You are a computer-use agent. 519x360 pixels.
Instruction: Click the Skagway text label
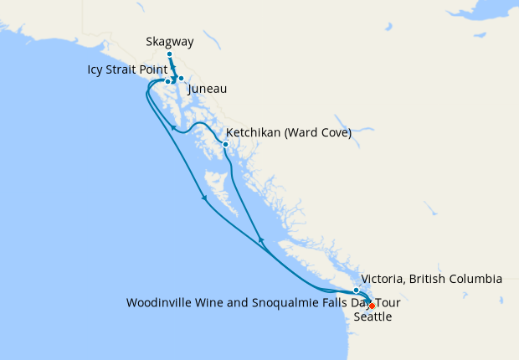[x=170, y=40]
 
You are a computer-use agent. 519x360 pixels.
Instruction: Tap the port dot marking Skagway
[x=169, y=54]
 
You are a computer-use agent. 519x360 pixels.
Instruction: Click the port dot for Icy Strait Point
[x=168, y=81]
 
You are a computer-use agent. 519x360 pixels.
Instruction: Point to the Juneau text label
[x=208, y=89]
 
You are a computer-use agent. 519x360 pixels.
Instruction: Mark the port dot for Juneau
[x=181, y=79]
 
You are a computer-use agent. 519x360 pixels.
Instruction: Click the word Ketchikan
[x=255, y=132]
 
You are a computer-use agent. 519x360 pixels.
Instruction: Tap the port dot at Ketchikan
[x=225, y=144]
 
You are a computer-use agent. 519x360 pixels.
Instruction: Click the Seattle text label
[x=373, y=317]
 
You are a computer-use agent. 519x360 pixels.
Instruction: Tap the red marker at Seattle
[x=372, y=306]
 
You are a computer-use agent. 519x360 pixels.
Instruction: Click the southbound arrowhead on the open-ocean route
[x=204, y=199]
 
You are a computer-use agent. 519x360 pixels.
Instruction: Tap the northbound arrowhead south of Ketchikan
[x=260, y=240]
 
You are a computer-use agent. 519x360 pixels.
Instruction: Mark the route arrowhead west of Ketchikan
[x=173, y=128]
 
